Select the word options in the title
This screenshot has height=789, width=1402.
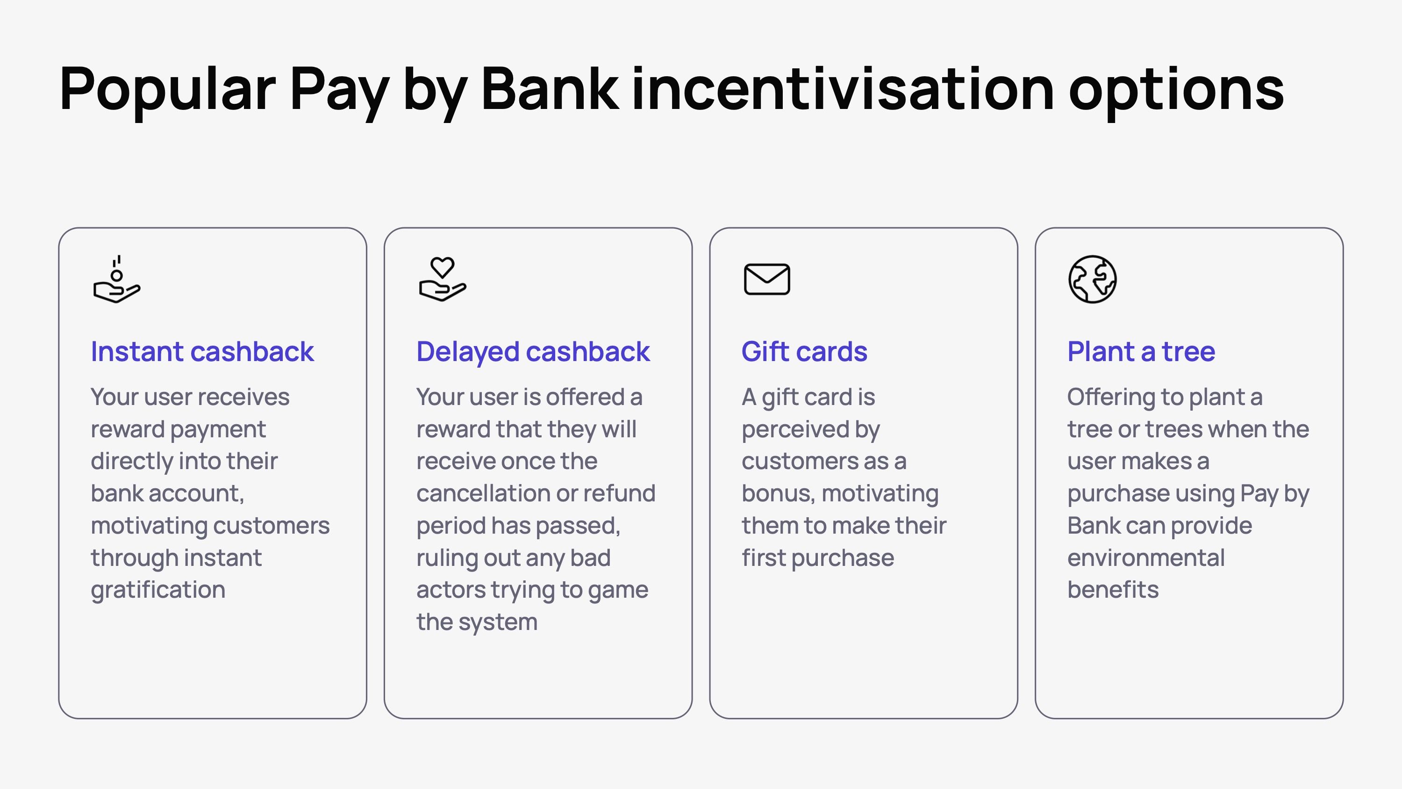pyautogui.click(x=1176, y=90)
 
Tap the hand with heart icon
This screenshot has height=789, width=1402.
pyautogui.click(x=442, y=279)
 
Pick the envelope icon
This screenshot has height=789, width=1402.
pyautogui.click(x=766, y=279)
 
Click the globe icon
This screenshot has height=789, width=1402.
pyautogui.click(x=1092, y=279)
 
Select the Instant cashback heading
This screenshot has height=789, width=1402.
pyautogui.click(x=202, y=351)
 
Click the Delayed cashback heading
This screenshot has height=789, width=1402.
pyautogui.click(x=533, y=351)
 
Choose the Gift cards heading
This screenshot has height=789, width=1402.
pyautogui.click(x=804, y=351)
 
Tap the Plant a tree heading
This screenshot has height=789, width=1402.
pyautogui.click(x=1141, y=351)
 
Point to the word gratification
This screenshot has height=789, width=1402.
pyautogui.click(x=158, y=590)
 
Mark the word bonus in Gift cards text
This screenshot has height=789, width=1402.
pyautogui.click(x=778, y=493)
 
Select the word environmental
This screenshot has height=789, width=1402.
pyautogui.click(x=1145, y=558)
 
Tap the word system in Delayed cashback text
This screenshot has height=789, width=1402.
pyautogui.click(x=498, y=623)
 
